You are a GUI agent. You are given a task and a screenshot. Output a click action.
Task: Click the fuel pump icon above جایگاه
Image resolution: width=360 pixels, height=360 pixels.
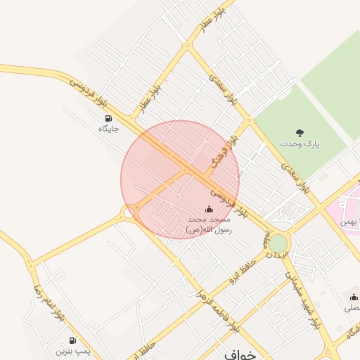(108, 118)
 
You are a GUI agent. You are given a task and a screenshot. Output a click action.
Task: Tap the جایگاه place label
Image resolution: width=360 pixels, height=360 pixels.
(108, 129)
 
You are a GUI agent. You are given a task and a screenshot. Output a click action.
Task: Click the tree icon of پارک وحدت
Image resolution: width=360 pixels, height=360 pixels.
(300, 132)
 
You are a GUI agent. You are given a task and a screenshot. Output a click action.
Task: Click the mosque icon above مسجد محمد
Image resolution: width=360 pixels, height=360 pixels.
(208, 209)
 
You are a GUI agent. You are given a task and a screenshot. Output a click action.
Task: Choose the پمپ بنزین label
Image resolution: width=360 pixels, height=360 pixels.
(74, 349)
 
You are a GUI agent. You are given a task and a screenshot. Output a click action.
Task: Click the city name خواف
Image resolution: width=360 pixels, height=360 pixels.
(239, 354)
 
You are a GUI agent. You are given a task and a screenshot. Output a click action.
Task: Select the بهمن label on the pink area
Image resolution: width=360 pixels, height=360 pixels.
(350, 222)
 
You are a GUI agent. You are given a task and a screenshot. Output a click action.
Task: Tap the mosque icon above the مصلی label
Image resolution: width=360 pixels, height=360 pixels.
(352, 297)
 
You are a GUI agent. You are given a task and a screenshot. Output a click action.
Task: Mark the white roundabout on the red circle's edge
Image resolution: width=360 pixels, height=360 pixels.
(129, 212)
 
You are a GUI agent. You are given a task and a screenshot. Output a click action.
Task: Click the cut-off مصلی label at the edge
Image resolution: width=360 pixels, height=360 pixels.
(352, 308)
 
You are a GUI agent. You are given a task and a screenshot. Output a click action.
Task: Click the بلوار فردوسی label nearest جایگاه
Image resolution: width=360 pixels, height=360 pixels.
(87, 94)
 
